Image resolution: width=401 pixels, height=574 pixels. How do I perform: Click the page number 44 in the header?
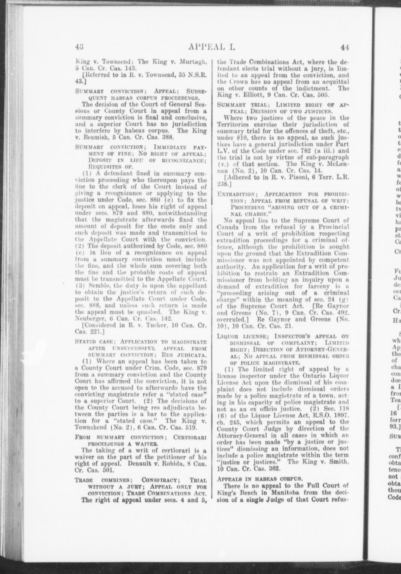[344, 47]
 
